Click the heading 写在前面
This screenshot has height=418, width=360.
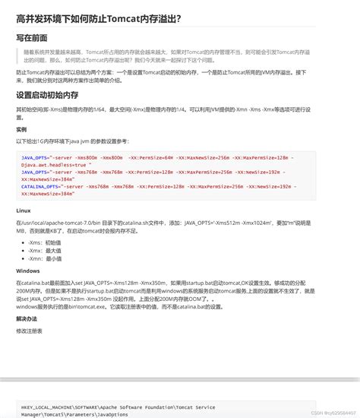coord(32,38)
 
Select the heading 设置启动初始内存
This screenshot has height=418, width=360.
coord(47,95)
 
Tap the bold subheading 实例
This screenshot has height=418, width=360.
coord(21,129)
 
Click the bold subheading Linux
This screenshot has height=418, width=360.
coord(23,210)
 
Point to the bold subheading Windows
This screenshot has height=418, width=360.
coord(27,270)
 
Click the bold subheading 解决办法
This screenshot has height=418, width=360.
coord(27,319)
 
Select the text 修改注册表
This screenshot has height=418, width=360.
coord(30,331)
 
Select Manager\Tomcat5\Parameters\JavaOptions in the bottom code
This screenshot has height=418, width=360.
coord(76,415)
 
